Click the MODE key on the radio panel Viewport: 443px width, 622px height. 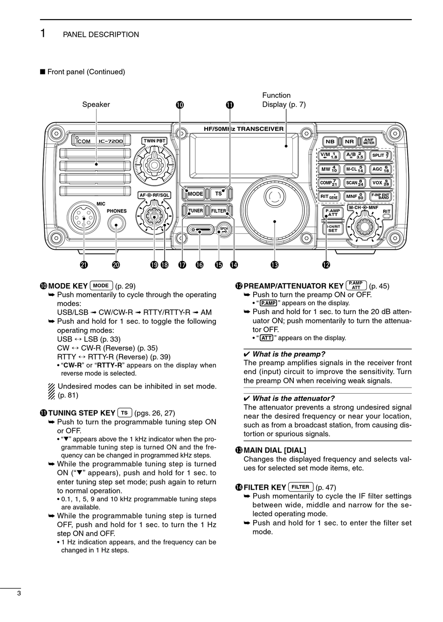(195, 194)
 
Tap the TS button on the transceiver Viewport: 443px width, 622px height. (218, 194)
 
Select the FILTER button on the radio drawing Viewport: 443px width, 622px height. (219, 211)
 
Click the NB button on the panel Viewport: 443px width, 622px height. (330, 142)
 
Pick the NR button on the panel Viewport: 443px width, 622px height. (349, 142)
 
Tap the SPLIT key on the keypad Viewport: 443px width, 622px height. (381, 155)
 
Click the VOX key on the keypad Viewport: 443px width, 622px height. (381, 183)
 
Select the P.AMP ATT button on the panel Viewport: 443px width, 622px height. (333, 213)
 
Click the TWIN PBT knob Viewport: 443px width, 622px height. (154, 164)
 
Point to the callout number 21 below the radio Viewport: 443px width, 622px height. (83, 265)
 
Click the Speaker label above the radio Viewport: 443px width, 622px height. (96, 104)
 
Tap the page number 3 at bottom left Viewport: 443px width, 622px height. (19, 593)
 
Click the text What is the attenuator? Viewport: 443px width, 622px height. (293, 398)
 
